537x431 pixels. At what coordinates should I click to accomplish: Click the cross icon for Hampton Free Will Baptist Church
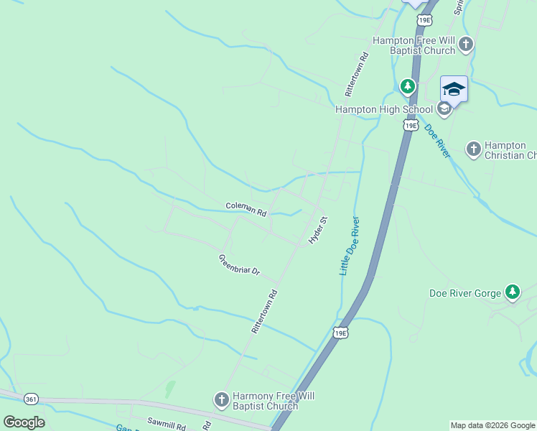pos(465,45)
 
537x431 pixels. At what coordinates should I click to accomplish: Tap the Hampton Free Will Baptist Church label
pos(413,45)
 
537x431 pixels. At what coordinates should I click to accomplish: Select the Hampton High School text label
pos(384,109)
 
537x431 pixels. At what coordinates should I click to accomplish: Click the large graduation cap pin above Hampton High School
pos(454,89)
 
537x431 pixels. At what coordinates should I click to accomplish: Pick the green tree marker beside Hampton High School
pos(408,87)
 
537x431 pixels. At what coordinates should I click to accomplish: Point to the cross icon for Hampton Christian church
pos(473,149)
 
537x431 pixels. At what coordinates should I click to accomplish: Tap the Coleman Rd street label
pos(246,209)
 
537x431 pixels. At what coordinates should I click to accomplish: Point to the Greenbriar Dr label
pos(238,267)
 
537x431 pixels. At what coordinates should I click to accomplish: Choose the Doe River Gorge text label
pos(465,292)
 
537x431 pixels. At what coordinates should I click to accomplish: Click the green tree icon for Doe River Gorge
pos(512,292)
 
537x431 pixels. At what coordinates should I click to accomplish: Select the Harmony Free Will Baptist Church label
pos(266,401)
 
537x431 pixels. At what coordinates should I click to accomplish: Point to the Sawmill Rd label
pos(167,425)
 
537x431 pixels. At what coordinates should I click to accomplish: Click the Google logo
pos(24,422)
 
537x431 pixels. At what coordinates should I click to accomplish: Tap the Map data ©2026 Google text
pos(492,425)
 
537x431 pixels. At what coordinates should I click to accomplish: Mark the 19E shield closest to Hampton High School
pos(410,126)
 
